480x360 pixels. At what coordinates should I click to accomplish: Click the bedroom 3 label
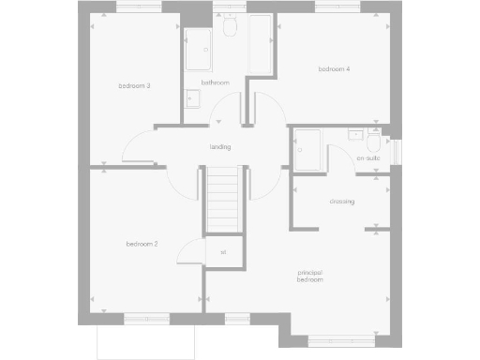pyautogui.click(x=135, y=86)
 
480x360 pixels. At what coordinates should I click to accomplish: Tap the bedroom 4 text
pyautogui.click(x=334, y=68)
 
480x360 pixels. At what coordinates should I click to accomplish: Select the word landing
pyautogui.click(x=220, y=146)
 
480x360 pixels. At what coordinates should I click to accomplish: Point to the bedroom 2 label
pyautogui.click(x=142, y=244)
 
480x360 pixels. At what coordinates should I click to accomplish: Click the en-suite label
pyautogui.click(x=367, y=158)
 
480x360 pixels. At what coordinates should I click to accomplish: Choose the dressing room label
pyautogui.click(x=341, y=202)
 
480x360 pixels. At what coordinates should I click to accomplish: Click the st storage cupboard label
pyautogui.click(x=223, y=252)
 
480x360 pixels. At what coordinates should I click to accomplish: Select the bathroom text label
pyautogui.click(x=215, y=82)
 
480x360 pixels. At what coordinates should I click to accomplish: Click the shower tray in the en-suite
pyautogui.click(x=307, y=150)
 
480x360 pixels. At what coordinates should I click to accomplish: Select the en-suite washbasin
pyautogui.click(x=355, y=135)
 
